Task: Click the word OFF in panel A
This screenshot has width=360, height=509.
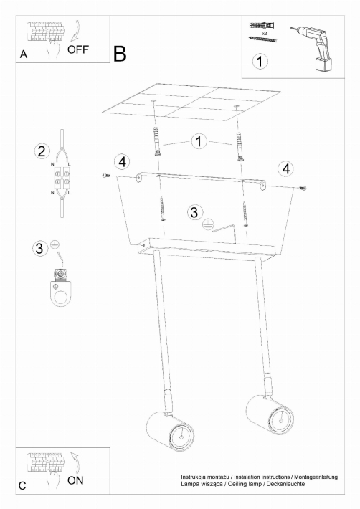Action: pos(78,49)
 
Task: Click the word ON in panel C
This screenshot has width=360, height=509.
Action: pos(75,480)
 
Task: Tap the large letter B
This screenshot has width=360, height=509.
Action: pos(120,54)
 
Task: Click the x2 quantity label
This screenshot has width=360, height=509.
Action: pos(264,33)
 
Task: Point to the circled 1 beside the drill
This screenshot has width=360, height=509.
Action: pos(260,61)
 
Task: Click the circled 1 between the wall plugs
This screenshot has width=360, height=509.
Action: pos(199,141)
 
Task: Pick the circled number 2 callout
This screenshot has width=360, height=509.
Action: pos(42,151)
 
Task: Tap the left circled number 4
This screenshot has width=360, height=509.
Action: pos(123,161)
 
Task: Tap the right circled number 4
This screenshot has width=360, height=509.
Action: pos(286,168)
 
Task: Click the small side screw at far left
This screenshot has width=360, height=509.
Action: pos(106,176)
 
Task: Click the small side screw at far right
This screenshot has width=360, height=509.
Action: pos(303,188)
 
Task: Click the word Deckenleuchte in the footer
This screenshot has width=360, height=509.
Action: pos(288,484)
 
